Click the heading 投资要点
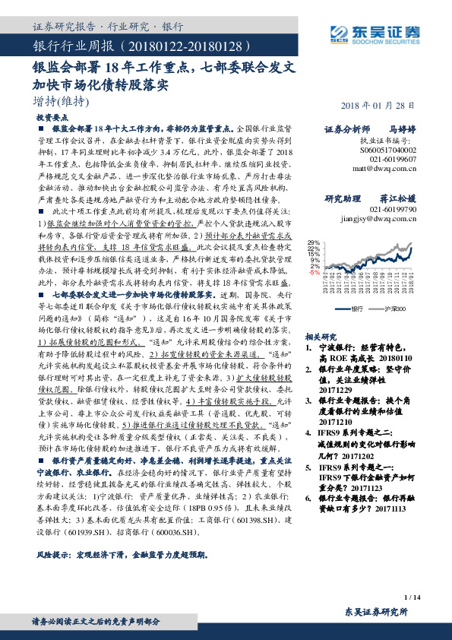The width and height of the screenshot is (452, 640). [x=53, y=119]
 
